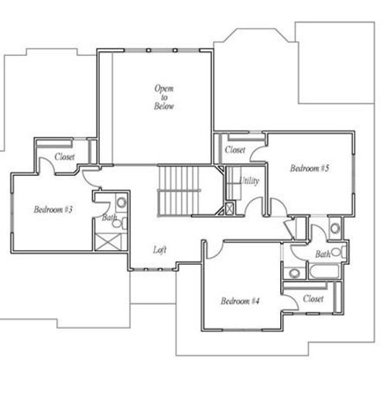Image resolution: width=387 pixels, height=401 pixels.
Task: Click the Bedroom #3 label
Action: (53, 209)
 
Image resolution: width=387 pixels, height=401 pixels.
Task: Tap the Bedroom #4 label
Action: (239, 300)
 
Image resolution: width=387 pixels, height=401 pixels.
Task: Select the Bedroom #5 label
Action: (310, 168)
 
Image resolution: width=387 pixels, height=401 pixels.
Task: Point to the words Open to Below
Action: (163, 98)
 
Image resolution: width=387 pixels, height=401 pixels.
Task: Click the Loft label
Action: (159, 249)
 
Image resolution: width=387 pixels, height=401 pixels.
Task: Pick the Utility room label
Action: (249, 180)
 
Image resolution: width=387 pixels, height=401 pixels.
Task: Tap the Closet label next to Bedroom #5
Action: (235, 149)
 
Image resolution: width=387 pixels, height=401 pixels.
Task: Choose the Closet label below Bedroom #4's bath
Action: (313, 298)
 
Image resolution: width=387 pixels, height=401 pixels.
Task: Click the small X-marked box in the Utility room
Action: (229, 208)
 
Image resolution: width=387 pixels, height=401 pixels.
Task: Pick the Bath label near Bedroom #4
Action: (322, 254)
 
